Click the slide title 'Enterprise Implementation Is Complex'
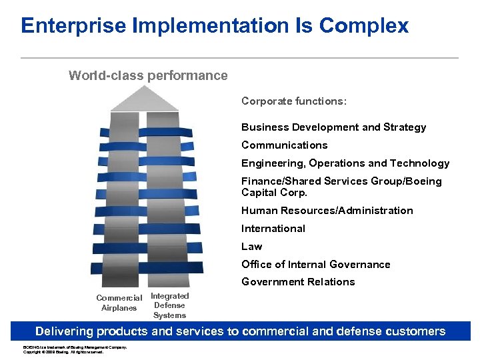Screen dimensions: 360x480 point(214,26)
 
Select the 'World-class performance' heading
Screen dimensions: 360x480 point(148,75)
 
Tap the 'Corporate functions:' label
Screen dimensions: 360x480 point(293,101)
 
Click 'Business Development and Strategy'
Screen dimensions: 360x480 point(333,127)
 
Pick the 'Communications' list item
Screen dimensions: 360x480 point(284,145)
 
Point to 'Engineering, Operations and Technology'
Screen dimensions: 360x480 point(345,163)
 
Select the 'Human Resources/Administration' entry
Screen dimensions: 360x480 point(327,211)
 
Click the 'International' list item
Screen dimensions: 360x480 point(273,229)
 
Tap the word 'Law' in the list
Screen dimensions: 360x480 point(251,247)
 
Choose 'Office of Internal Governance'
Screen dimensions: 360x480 point(315,265)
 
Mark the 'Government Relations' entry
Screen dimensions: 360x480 point(297,282)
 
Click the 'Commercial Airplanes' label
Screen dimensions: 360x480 point(119,303)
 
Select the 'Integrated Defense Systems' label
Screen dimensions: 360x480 point(169,305)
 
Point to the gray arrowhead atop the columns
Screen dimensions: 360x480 point(145,99)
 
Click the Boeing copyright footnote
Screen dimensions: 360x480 point(74,349)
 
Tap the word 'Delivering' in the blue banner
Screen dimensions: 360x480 point(65,331)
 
